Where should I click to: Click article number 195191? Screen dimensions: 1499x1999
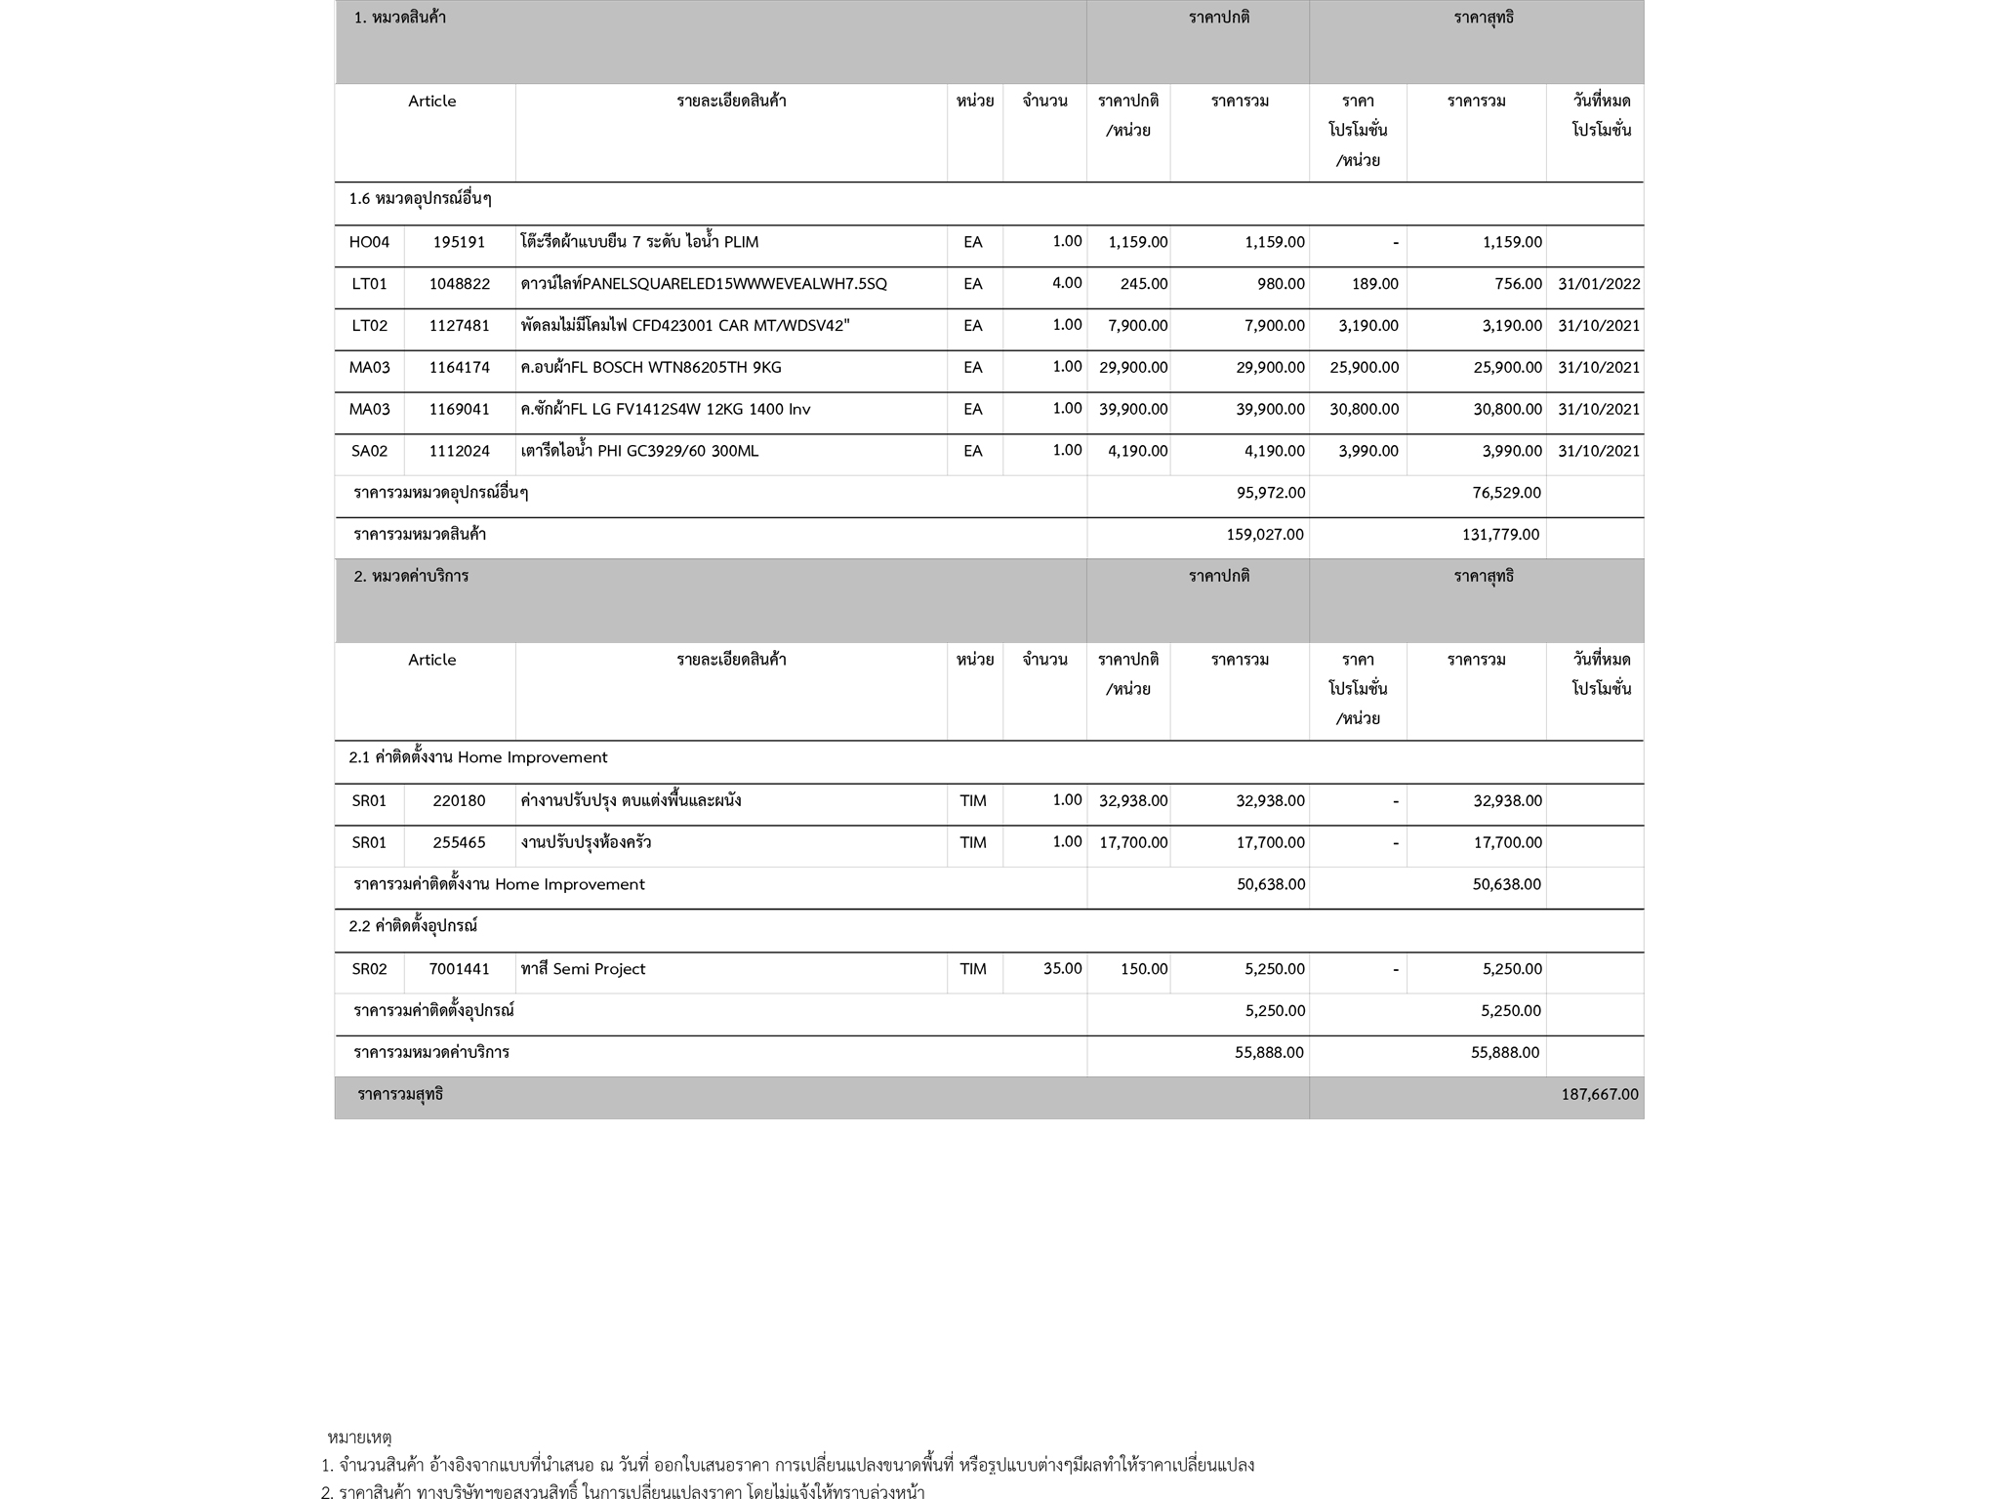click(459, 242)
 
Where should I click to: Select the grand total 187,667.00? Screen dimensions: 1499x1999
click(1599, 1095)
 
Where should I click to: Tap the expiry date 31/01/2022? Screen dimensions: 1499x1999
click(1599, 284)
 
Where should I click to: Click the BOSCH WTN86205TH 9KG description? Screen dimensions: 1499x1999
click(650, 368)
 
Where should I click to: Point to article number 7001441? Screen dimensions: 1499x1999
click(459, 969)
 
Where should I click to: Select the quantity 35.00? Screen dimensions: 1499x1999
click(1062, 969)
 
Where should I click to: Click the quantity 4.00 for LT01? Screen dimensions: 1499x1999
click(1066, 284)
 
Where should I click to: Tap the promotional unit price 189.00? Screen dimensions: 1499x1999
click(1374, 284)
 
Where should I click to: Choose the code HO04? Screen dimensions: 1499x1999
click(369, 242)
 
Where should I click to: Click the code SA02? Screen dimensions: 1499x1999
click(369, 451)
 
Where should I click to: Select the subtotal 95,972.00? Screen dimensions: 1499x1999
click(1270, 493)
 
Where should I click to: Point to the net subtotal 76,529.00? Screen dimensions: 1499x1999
click(1506, 493)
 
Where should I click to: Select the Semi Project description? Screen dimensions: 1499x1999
click(583, 969)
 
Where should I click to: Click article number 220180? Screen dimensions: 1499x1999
click(459, 801)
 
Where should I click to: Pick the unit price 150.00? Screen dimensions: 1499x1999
click(1143, 969)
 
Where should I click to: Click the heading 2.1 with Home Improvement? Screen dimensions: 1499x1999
click(477, 758)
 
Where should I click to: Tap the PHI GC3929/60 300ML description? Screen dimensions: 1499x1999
click(638, 451)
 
